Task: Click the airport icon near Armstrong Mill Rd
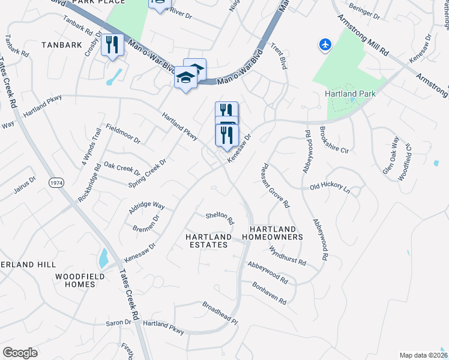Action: pyautogui.click(x=325, y=44)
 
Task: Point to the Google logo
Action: pyautogui.click(x=20, y=353)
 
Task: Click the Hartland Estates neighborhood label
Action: pyautogui.click(x=208, y=241)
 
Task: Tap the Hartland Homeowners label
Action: pyautogui.click(x=273, y=233)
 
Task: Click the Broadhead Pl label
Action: pyautogui.click(x=220, y=313)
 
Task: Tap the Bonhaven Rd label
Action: pyautogui.click(x=269, y=292)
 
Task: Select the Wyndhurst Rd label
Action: pyautogui.click(x=288, y=256)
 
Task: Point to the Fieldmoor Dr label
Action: pyautogui.click(x=123, y=133)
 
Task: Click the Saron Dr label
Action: pyautogui.click(x=119, y=322)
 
